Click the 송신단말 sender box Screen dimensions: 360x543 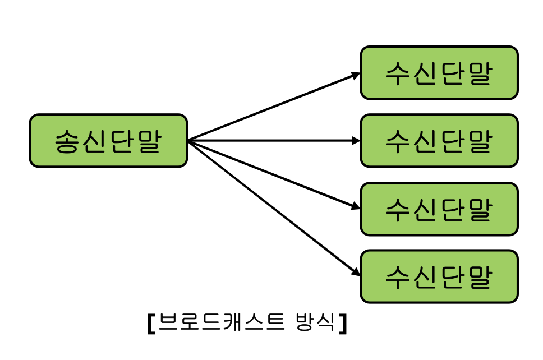[x=108, y=141]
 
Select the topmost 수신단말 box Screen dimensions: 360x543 [x=439, y=73]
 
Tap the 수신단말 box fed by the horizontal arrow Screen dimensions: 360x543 [x=439, y=141]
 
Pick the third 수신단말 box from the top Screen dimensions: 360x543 [x=439, y=209]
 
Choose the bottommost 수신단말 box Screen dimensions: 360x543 [x=439, y=276]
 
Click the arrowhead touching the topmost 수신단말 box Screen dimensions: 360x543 [x=356, y=75]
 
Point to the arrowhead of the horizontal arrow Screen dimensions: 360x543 [x=356, y=141]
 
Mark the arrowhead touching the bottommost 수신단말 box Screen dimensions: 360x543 [x=356, y=273]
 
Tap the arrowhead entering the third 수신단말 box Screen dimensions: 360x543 [x=356, y=206]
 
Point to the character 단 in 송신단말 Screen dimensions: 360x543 [x=122, y=141]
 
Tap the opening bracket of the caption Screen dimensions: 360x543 [x=151, y=324]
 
